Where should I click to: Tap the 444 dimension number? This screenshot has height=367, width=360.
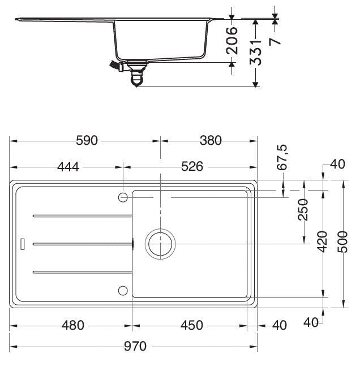click(x=67, y=166)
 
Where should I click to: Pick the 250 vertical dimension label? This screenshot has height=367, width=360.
click(x=303, y=211)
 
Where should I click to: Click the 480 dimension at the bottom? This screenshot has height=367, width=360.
click(x=73, y=325)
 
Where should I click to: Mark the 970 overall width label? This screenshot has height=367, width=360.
click(x=135, y=346)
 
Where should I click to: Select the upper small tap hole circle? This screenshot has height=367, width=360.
click(x=123, y=196)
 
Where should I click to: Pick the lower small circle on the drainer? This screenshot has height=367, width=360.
click(x=123, y=290)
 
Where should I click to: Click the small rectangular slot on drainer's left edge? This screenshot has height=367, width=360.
click(x=23, y=244)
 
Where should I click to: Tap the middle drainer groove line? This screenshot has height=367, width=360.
click(x=82, y=244)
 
